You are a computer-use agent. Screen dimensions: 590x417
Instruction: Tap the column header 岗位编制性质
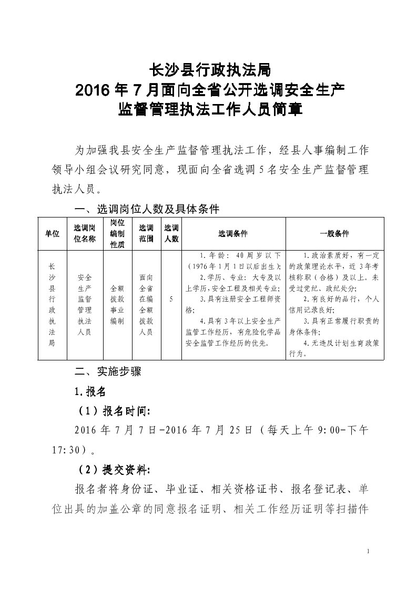(117, 234)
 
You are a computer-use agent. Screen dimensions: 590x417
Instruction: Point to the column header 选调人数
(172, 234)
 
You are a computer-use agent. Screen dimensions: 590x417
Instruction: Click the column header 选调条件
(233, 233)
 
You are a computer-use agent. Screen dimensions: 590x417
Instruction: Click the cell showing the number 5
(172, 299)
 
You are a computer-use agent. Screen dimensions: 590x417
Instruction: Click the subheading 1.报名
(90, 391)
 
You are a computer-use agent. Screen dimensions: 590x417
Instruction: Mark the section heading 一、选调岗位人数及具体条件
(147, 209)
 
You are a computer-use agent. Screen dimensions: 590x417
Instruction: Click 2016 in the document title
(93, 90)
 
